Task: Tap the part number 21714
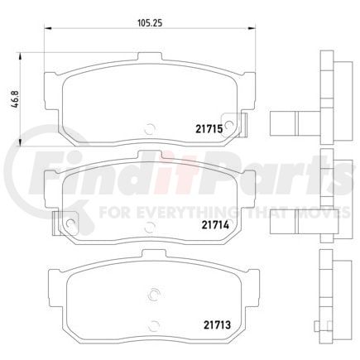click(213, 222)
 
